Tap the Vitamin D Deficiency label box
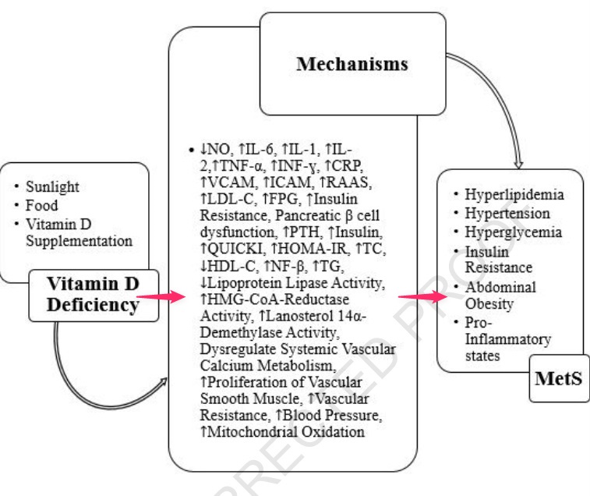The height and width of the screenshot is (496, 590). pos(92,294)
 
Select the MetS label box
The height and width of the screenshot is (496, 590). pos(559,379)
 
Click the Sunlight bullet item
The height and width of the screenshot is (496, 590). pos(53,187)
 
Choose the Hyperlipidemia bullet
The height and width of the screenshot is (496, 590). pos(512,195)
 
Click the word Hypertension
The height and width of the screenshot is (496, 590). pos(507,214)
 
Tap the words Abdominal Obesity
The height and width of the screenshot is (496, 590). pos(495,296)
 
